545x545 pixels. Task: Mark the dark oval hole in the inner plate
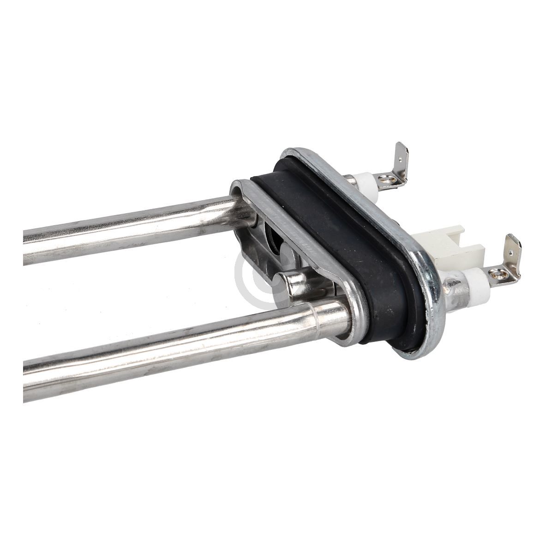tap(272, 240)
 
